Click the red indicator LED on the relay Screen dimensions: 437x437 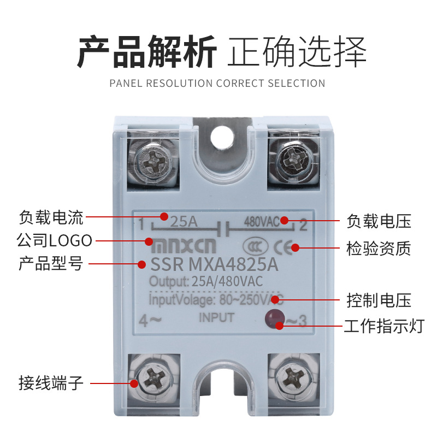coord(275,318)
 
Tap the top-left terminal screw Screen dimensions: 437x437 coord(152,162)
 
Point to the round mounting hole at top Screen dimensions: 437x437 coord(222,138)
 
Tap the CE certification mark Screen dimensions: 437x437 coord(283,247)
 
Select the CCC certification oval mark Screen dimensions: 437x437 coord(255,246)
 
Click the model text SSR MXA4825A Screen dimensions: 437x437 coord(214,264)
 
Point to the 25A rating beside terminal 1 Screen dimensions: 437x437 coord(184,222)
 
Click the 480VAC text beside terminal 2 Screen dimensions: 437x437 coord(262,222)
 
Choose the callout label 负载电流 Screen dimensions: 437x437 coord(51,217)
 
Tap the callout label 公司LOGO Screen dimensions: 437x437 coord(54,240)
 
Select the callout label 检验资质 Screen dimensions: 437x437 coord(379,248)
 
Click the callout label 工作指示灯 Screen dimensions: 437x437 coord(384,326)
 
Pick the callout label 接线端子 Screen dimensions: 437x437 coord(51,383)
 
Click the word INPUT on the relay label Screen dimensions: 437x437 coord(216,318)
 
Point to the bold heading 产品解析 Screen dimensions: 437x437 coord(146,52)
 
